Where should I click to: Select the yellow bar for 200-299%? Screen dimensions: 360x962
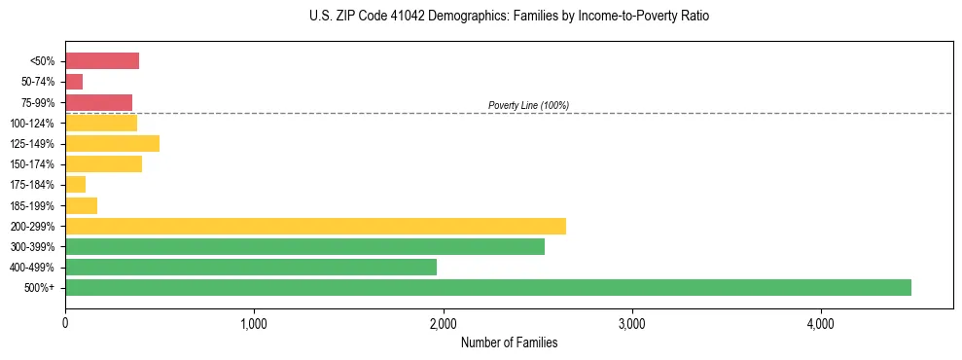click(x=315, y=226)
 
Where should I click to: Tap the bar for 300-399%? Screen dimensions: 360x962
click(x=304, y=246)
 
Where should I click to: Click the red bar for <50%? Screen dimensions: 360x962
click(x=102, y=61)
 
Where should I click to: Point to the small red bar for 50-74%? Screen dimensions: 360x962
click(x=74, y=82)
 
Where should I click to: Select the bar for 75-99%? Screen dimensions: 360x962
click(x=98, y=102)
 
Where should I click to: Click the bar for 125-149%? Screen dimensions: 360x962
click(x=112, y=143)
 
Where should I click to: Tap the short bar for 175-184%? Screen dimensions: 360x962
click(x=76, y=185)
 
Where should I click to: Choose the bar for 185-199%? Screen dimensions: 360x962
click(x=82, y=205)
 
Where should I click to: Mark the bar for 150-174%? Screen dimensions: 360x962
click(x=103, y=164)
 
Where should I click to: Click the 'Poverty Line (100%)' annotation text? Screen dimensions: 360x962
click(x=528, y=105)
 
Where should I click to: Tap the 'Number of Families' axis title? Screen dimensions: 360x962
click(x=509, y=342)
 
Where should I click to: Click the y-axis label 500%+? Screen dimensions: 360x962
click(x=41, y=288)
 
